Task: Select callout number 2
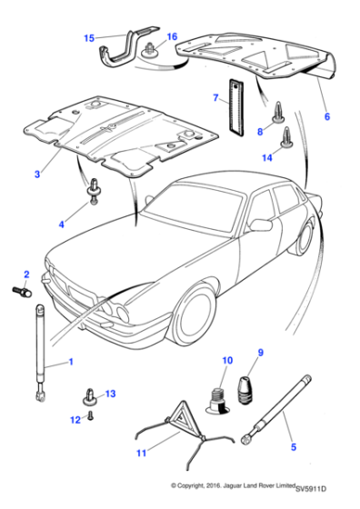pos(25,274)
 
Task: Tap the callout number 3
pos(37,173)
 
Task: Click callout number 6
pos(326,116)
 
